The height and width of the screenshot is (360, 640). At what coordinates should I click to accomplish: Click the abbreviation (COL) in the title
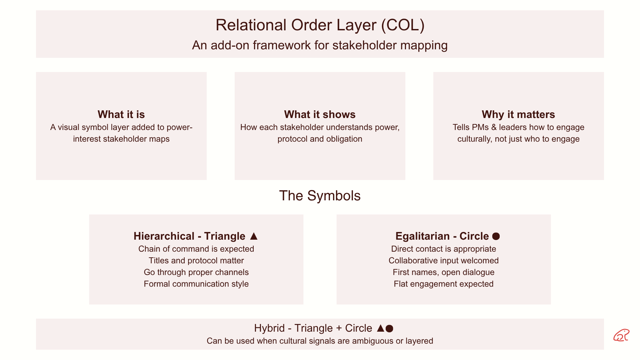(x=403, y=25)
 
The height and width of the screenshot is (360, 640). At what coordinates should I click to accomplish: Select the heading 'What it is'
(x=121, y=114)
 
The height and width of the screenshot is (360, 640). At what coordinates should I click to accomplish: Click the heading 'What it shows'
(x=320, y=114)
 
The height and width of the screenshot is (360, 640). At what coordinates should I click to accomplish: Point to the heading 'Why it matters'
(x=518, y=114)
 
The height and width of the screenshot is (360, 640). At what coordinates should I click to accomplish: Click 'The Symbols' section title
(x=320, y=196)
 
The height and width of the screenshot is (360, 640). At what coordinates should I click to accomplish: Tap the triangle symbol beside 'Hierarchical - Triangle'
(x=254, y=236)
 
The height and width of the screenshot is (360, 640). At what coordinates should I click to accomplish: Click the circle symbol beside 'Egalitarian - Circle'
(x=496, y=236)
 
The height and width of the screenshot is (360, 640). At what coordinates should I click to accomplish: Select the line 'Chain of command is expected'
(x=196, y=249)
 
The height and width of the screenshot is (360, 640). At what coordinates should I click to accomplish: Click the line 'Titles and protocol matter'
(x=196, y=261)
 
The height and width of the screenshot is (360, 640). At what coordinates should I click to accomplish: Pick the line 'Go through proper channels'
(x=196, y=272)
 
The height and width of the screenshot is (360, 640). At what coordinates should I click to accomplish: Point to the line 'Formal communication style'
(x=196, y=284)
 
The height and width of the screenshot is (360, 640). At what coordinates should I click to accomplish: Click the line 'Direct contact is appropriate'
(x=443, y=249)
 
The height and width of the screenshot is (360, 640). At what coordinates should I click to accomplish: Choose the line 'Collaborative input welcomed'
(x=443, y=261)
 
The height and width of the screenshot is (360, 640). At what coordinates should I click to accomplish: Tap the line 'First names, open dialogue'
(x=443, y=272)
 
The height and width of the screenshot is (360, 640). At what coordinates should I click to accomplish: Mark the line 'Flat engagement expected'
(x=443, y=284)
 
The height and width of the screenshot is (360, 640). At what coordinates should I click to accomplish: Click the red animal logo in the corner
(x=621, y=335)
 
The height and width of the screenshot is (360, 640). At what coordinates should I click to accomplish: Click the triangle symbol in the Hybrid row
(x=381, y=328)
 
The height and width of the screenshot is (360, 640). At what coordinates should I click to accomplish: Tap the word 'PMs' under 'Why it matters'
(x=480, y=127)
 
